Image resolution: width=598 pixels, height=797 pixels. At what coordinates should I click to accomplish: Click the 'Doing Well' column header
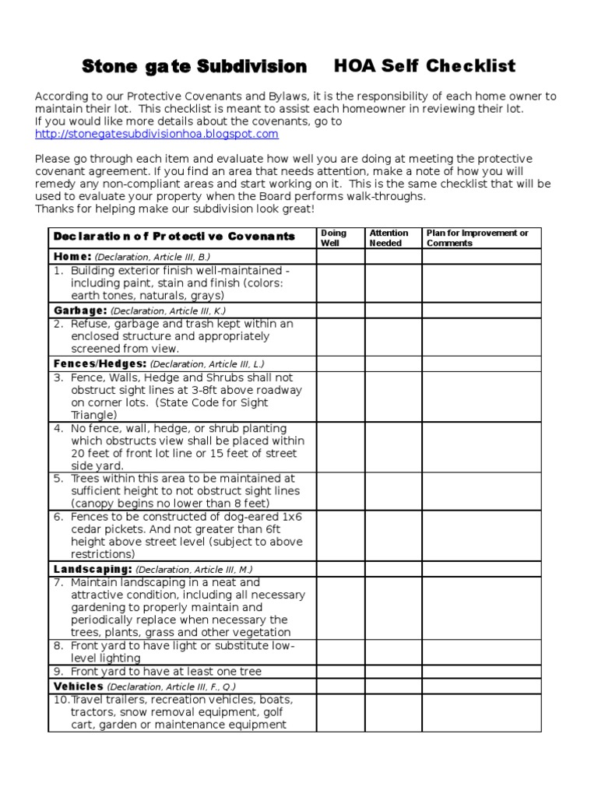[333, 237]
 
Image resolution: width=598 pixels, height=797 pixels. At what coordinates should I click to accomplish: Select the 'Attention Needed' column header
[389, 237]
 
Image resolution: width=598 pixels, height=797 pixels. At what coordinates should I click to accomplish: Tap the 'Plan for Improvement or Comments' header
[477, 237]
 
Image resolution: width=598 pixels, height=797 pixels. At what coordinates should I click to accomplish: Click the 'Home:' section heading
[72, 256]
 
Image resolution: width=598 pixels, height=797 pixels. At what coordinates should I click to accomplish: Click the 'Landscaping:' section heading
[91, 569]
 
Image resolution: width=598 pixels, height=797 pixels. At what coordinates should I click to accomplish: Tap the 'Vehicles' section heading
[79, 686]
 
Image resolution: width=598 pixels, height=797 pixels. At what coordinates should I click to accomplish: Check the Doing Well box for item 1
[340, 283]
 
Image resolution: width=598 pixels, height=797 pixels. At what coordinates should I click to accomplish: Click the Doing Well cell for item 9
[340, 672]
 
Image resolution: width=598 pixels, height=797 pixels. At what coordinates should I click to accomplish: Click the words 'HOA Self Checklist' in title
[424, 66]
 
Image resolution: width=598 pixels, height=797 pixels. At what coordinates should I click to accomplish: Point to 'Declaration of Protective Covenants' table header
[174, 237]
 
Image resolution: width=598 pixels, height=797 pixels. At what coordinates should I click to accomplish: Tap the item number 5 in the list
[58, 479]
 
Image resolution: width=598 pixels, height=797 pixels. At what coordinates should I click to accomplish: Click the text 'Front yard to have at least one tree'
[166, 672]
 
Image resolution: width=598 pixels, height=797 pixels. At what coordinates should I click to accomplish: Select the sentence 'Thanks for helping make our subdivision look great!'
[174, 210]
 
